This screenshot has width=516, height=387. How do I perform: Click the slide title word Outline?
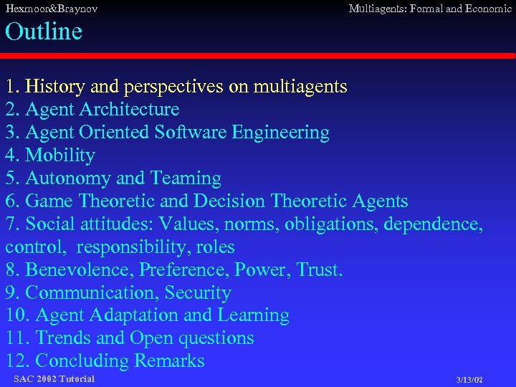tap(44, 32)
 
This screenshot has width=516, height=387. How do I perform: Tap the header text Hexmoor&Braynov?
tap(51, 9)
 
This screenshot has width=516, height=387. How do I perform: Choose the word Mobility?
tap(59, 156)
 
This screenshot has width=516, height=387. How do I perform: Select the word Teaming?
tap(186, 178)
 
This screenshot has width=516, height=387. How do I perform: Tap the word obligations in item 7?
tap(331, 224)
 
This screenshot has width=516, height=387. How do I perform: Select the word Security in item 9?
tap(198, 293)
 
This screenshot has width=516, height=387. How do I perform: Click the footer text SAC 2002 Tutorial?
tap(54, 378)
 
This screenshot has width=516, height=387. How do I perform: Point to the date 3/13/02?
tap(469, 379)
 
